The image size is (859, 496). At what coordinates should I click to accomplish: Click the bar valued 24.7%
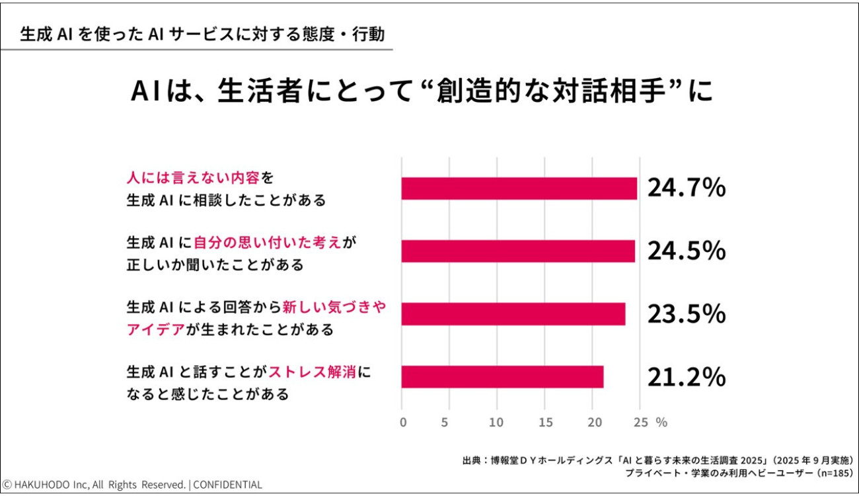click(x=519, y=188)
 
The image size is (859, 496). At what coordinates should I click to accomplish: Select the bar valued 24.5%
click(x=518, y=251)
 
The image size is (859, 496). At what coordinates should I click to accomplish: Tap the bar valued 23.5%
click(x=513, y=314)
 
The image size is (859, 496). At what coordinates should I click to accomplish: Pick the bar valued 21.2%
click(x=502, y=377)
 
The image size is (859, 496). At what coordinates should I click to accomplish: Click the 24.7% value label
click(x=687, y=188)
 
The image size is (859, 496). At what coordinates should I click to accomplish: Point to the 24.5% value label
click(x=687, y=251)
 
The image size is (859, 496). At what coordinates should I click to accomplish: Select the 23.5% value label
click(x=687, y=314)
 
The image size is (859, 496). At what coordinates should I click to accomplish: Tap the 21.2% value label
click(x=687, y=377)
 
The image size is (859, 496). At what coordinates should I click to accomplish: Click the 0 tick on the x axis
click(x=402, y=422)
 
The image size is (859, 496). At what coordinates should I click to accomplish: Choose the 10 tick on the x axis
click(x=497, y=422)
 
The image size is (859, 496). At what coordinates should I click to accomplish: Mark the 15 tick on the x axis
click(x=545, y=422)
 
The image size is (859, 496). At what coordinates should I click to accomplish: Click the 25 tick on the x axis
click(x=640, y=422)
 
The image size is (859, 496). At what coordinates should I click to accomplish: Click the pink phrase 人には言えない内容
click(x=193, y=179)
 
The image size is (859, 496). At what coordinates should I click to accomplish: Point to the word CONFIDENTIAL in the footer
click(x=227, y=485)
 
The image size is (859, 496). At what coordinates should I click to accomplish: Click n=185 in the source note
click(x=834, y=474)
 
